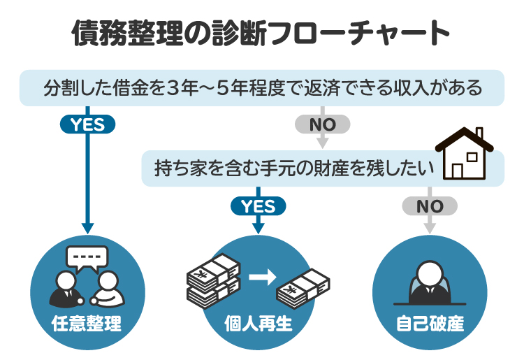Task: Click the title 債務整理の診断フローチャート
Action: [261, 32]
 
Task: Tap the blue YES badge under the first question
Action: [87, 124]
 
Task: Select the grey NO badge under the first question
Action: [322, 124]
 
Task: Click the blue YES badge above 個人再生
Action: [258, 206]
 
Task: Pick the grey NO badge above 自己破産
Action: [430, 206]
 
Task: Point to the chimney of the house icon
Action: [479, 134]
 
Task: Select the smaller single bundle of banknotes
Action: [303, 287]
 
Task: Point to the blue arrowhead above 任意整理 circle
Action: [87, 227]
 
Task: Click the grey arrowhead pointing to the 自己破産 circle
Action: [430, 229]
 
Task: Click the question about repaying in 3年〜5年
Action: [262, 89]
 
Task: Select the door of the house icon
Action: [458, 170]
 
